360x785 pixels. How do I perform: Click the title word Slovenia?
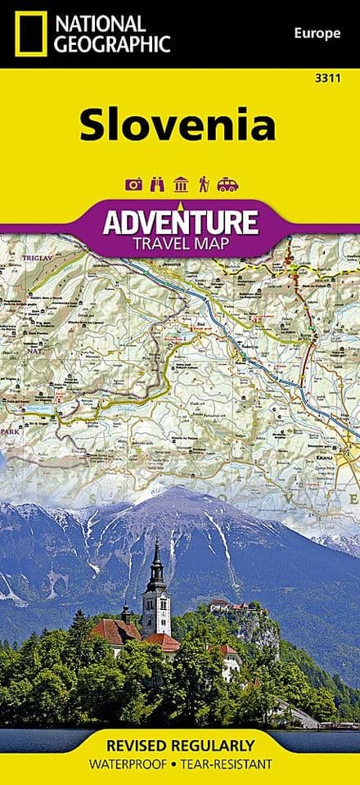coord(178,125)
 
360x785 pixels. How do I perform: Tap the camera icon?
coord(133,185)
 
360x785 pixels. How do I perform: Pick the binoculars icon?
coord(156,185)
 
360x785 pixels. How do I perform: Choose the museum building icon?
coord(180,185)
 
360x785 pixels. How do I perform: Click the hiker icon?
coord(203,185)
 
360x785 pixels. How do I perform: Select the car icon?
coord(227,185)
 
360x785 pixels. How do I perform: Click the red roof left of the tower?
coord(115,631)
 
